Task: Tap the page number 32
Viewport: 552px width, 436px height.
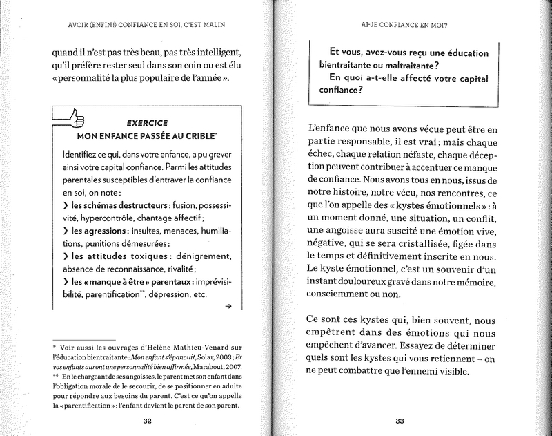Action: (147, 421)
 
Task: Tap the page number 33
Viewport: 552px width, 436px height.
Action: (400, 421)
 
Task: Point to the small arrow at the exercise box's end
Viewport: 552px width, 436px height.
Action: (228, 310)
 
